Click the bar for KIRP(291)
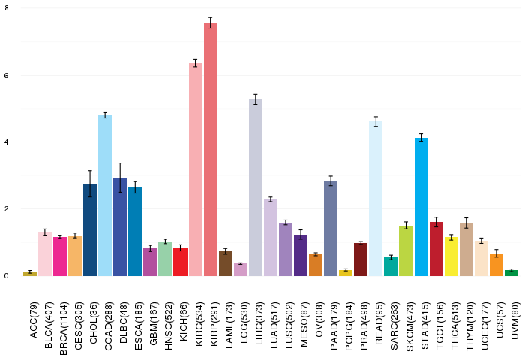[211, 150]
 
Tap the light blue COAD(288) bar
[106, 195]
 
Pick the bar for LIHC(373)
[256, 187]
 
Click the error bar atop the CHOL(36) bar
[90, 183]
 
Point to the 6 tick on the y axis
[7, 76]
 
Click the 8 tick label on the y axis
[7, 8]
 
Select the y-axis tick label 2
[7, 209]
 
